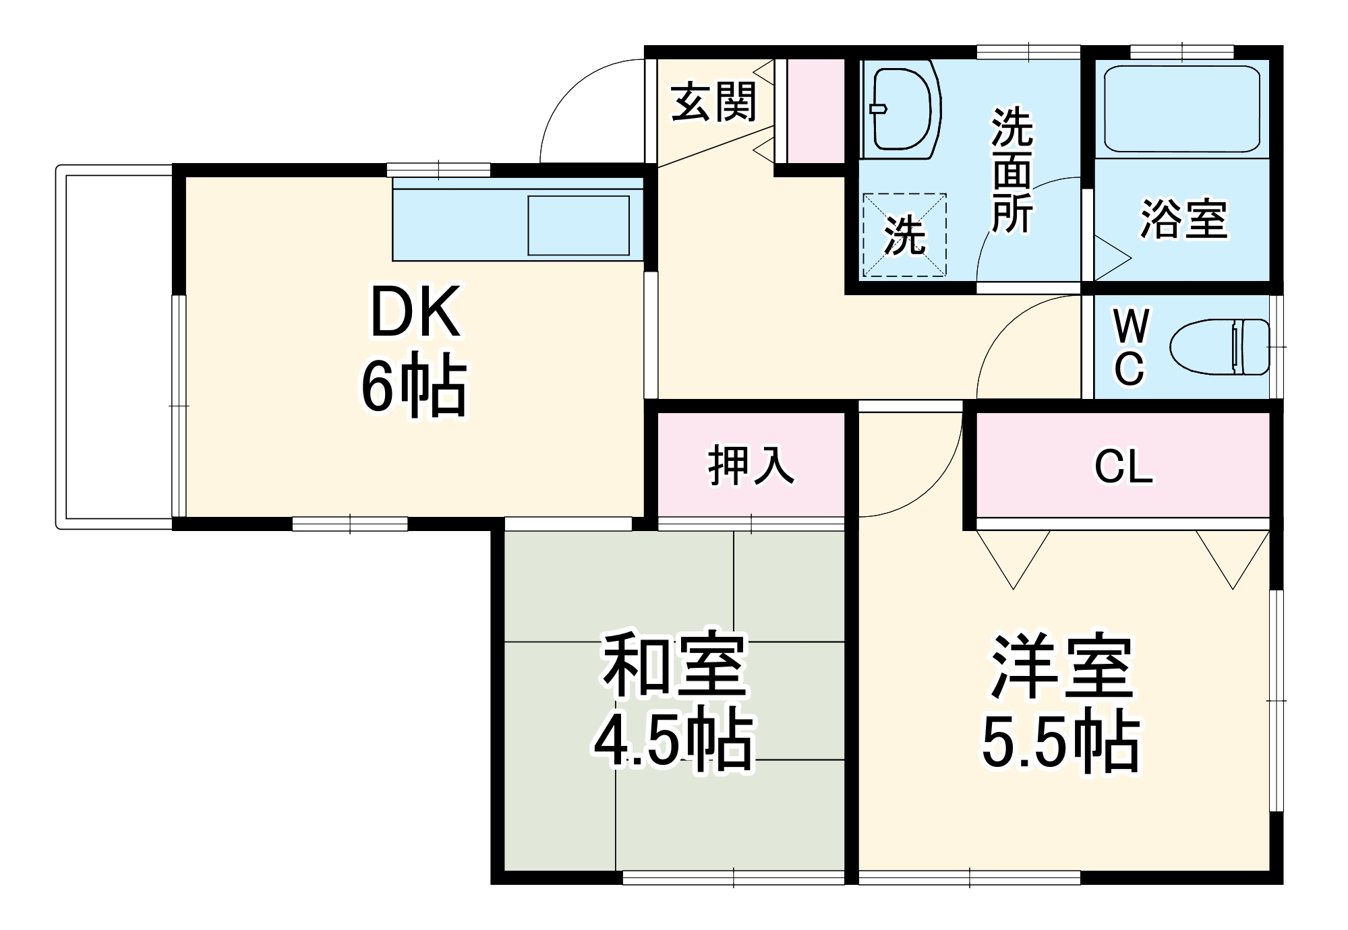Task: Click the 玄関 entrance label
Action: (x=714, y=102)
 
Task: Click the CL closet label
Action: (x=1123, y=466)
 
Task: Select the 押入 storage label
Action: (x=750, y=466)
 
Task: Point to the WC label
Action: (x=1130, y=347)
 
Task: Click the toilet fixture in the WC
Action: (x=1219, y=347)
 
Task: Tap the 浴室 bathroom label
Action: (x=1184, y=218)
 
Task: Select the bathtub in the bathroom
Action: (x=1181, y=109)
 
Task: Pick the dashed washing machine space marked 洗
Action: (x=905, y=235)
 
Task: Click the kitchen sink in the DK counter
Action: (x=578, y=225)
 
